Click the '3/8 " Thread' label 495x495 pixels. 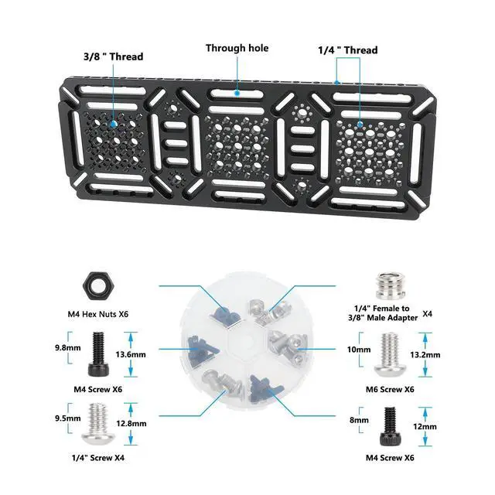(x=113, y=56)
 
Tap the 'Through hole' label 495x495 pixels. (x=237, y=48)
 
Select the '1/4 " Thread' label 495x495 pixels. (x=348, y=50)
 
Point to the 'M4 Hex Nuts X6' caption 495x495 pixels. (x=99, y=314)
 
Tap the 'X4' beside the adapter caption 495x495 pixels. (x=428, y=315)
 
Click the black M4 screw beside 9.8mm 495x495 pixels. (x=99, y=353)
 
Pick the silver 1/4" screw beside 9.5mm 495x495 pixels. (x=99, y=421)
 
